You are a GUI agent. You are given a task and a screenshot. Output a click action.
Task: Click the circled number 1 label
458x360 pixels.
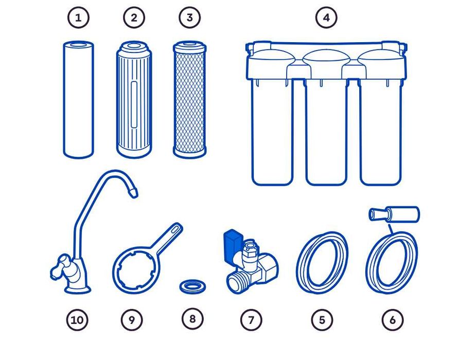point(78,17)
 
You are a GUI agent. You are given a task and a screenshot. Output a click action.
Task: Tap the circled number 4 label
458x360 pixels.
point(326,17)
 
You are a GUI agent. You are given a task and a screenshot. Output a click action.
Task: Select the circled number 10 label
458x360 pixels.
point(77,320)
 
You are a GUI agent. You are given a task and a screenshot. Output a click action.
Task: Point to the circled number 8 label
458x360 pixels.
point(192,319)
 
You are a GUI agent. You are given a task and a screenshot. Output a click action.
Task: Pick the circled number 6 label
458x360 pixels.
point(393,320)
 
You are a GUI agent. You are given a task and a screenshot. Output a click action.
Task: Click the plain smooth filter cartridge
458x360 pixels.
point(78,100)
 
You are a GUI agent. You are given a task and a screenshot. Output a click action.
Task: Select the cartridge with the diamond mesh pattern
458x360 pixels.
point(189,100)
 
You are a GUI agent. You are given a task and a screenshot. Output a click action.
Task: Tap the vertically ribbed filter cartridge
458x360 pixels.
point(134,99)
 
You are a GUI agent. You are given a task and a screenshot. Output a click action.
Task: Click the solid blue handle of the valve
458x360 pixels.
point(233,245)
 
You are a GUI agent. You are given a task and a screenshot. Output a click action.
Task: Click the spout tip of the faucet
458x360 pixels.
point(133,193)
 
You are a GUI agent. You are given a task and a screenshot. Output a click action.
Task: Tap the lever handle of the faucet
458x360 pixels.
point(60,266)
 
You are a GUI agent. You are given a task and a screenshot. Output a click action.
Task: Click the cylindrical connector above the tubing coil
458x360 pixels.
point(394,214)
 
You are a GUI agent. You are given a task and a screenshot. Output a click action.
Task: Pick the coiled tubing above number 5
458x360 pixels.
point(322,262)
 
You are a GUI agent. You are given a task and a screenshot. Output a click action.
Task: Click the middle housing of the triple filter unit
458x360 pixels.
point(326,131)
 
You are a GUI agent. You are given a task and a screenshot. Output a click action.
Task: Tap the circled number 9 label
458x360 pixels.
point(132,320)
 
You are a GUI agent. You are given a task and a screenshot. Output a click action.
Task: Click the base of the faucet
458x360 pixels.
point(77,289)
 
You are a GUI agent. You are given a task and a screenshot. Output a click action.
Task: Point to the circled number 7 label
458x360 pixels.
point(251,320)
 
